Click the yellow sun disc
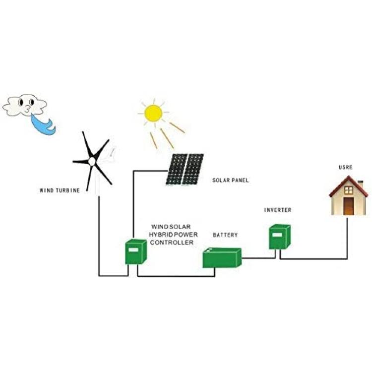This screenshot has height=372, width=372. [x=153, y=113]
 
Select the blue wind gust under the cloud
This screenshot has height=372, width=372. [x=43, y=124]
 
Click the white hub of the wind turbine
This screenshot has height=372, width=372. [x=92, y=162]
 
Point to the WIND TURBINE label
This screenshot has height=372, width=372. [x=60, y=190]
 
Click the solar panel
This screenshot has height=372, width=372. [x=185, y=169]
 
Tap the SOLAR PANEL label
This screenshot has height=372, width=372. [x=230, y=181]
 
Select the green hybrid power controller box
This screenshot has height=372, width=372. [x=136, y=251]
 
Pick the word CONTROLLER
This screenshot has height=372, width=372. [x=172, y=243]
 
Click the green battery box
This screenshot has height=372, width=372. [x=222, y=257]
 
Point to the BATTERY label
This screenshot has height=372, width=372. [x=225, y=235]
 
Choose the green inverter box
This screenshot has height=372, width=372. [x=280, y=237]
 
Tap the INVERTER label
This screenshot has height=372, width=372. [x=278, y=210]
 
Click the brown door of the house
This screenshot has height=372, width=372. [x=349, y=206]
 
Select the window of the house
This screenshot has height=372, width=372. [x=349, y=190]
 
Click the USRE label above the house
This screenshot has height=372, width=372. [x=345, y=167]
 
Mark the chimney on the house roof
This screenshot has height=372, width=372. [x=361, y=184]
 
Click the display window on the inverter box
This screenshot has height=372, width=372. [x=277, y=235]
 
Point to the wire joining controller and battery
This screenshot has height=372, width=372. [x=176, y=276]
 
